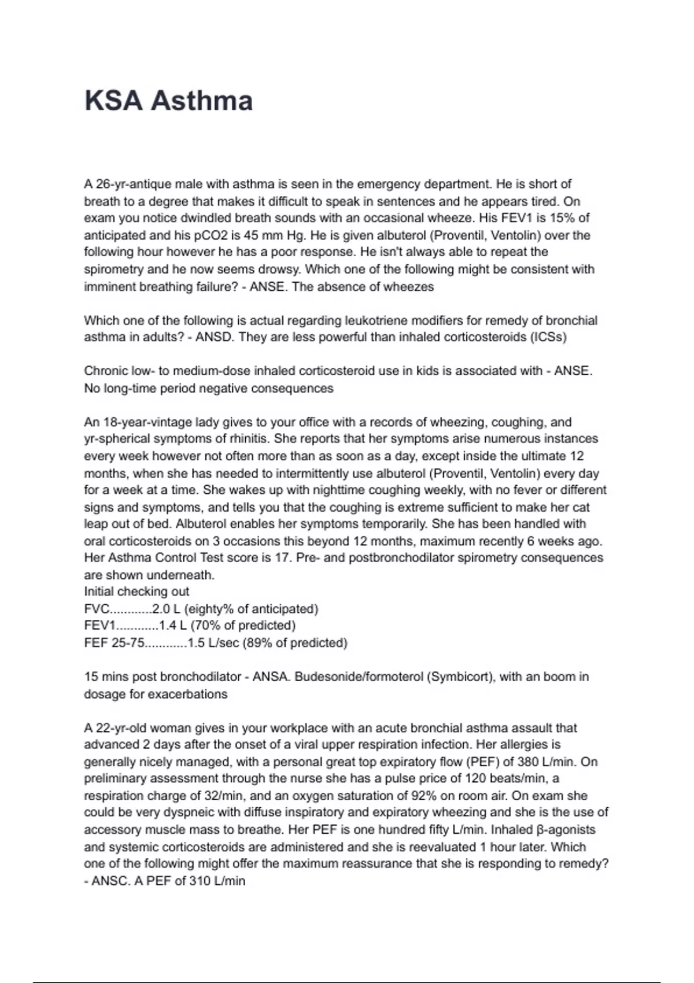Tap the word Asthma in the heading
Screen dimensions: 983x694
click(x=202, y=101)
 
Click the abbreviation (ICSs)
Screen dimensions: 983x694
click(x=548, y=337)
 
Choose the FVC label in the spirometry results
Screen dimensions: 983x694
click(x=96, y=609)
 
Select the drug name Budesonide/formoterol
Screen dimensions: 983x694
click(x=359, y=677)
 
